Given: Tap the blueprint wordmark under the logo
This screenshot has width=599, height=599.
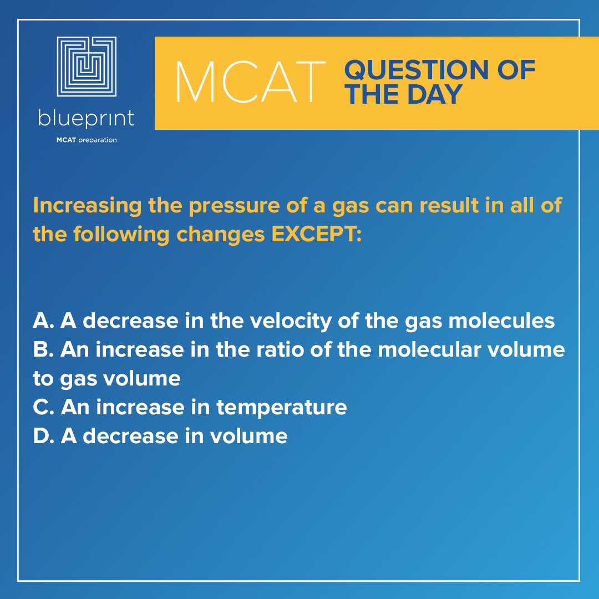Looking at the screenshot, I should [x=87, y=119].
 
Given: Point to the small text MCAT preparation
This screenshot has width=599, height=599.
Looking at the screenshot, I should [x=87, y=140].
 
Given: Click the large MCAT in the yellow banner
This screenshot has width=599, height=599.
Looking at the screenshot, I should [x=250, y=83].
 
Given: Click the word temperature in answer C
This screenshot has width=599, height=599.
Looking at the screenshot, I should [x=282, y=407].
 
